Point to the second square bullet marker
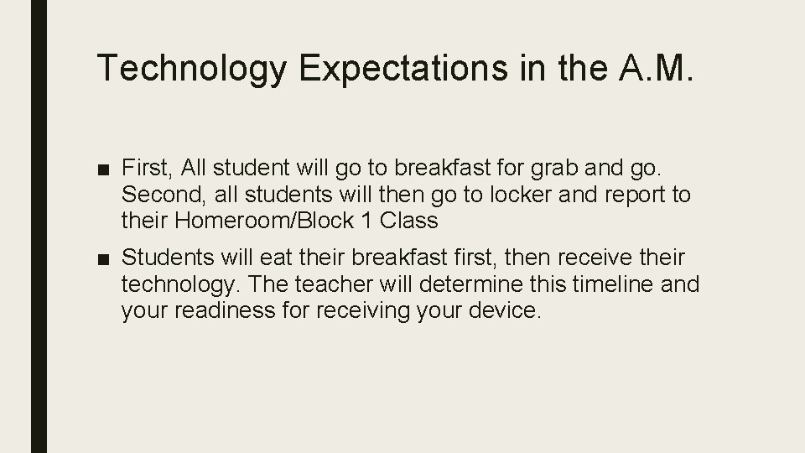[103, 257]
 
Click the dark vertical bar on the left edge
[39, 226]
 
